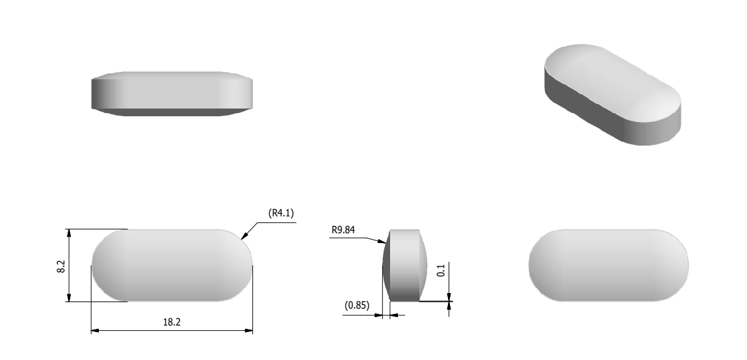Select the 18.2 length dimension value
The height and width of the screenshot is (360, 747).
pos(172,322)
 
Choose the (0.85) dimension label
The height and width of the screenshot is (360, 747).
pos(356,303)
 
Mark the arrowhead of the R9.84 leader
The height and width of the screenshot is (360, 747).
pos(384,242)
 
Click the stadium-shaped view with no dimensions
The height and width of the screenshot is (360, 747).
pos(609,265)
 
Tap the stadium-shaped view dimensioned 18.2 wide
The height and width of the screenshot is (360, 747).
pos(172,265)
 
